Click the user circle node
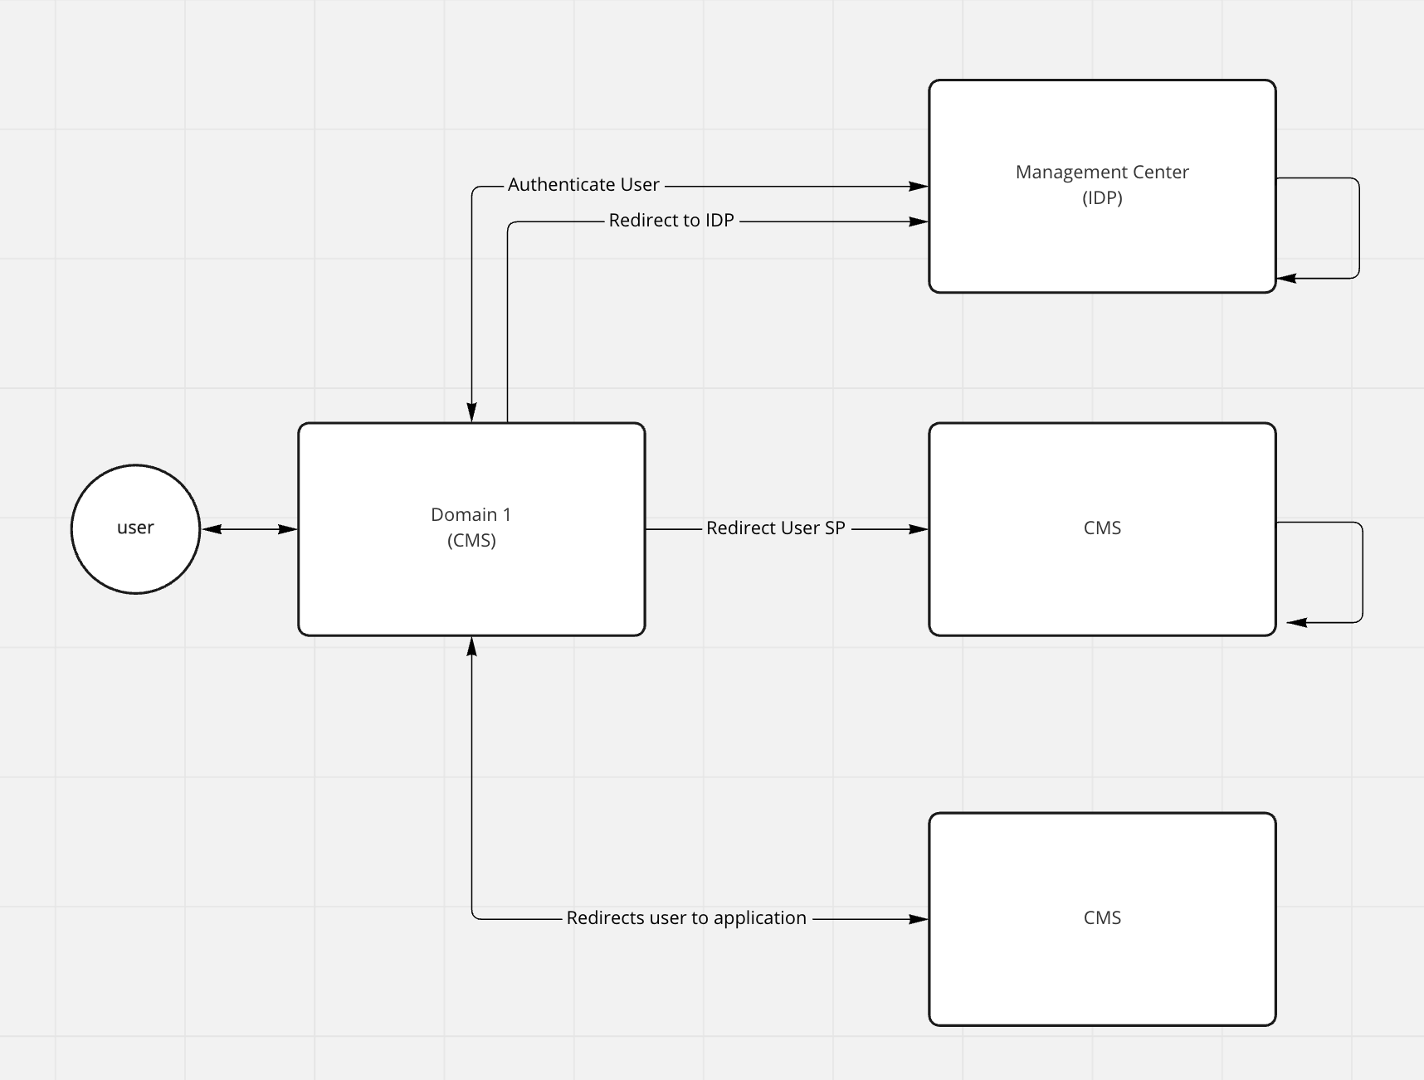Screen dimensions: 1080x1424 pos(135,528)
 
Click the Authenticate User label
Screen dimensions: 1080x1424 pos(583,185)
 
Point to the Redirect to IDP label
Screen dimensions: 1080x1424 pos(671,221)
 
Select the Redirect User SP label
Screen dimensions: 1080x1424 pos(775,528)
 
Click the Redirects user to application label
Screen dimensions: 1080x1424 pos(686,918)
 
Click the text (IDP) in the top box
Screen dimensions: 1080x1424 pos(1102,198)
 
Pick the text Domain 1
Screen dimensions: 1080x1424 pos(471,515)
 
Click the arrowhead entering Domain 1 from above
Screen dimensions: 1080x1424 pos(471,412)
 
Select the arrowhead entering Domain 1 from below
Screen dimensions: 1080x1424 pos(471,646)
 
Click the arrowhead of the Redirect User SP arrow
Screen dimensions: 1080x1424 pos(918,529)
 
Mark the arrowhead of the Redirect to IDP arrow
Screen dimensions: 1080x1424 pos(918,221)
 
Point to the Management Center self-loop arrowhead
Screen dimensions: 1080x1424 pos(1287,279)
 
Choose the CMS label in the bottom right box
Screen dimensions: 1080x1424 pos(1102,918)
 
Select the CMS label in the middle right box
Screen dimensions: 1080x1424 pos(1102,528)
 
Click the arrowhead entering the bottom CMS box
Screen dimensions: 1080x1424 pos(918,919)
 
